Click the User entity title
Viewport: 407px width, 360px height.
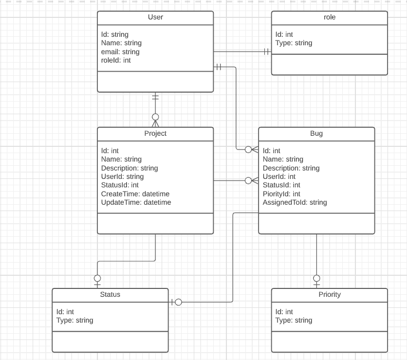point(155,17)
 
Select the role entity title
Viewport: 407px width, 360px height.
point(330,17)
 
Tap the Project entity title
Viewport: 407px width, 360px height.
point(155,134)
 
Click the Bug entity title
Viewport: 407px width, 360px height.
point(316,134)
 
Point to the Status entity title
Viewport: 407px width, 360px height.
point(110,295)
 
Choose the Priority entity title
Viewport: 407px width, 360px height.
point(330,295)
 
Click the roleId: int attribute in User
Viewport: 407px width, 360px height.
point(116,61)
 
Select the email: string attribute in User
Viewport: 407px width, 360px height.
point(120,52)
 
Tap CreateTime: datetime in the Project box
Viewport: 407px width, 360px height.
point(135,194)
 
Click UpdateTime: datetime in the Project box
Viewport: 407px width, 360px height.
point(136,202)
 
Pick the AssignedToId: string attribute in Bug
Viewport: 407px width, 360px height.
point(295,202)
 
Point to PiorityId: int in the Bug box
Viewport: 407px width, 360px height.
point(281,194)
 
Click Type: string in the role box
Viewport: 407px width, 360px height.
point(294,43)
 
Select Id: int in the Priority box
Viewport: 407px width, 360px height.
point(284,312)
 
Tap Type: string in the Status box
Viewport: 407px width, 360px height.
point(75,320)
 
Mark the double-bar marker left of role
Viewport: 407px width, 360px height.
point(266,52)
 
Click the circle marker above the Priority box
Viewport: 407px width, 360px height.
point(316,278)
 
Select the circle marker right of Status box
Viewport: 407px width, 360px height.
point(178,302)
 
